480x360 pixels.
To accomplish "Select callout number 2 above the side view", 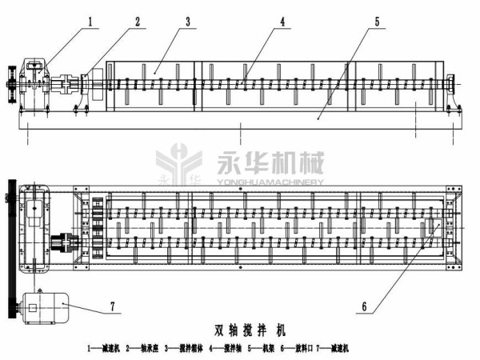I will [138, 22].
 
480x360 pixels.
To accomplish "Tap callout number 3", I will [187, 22].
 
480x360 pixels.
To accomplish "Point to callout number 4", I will [282, 22].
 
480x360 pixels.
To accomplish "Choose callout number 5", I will [378, 22].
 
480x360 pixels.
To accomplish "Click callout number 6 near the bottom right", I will [364, 305].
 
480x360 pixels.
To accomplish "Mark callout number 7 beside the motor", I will [111, 306].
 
